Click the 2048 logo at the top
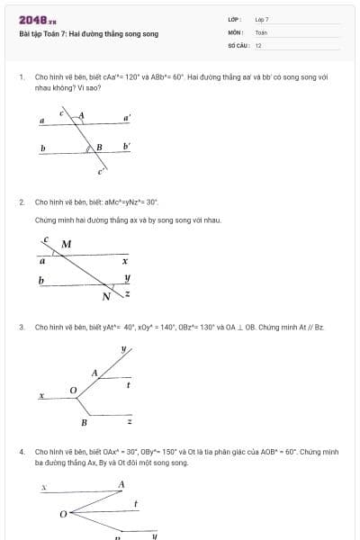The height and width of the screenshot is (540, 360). pos(38,20)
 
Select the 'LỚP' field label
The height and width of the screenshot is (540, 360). pos(234,20)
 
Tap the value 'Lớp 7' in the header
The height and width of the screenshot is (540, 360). pos(262,20)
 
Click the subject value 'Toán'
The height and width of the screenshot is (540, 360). pos(261,32)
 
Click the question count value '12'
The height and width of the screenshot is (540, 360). pos(258,45)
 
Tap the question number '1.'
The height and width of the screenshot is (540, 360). pos(22,78)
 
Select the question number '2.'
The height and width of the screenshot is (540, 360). pos(22,202)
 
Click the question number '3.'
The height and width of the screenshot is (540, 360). pos(22,327)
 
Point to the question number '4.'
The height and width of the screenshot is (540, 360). pos(22,451)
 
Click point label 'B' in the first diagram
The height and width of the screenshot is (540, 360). pos(99,147)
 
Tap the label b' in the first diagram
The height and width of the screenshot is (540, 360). pos(127,146)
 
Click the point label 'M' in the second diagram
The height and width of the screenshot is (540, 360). pos(66,244)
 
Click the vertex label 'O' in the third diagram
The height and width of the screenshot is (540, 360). pos(73,389)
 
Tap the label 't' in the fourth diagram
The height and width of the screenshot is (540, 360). pos(135,504)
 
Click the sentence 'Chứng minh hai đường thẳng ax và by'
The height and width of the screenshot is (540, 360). pos(128,220)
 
